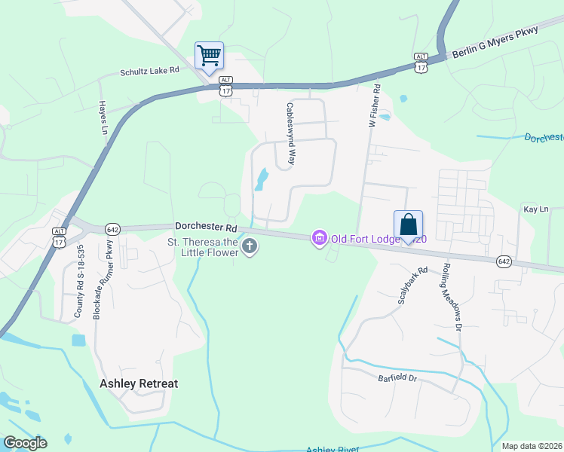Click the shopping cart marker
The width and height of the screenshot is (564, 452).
click(x=209, y=55)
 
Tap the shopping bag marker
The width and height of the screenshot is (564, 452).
click(x=408, y=224)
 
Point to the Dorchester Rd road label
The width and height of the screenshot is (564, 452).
click(x=207, y=226)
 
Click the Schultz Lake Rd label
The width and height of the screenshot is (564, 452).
click(x=151, y=71)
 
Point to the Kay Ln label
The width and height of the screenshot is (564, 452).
click(x=535, y=208)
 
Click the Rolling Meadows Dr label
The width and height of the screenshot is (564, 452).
click(x=451, y=295)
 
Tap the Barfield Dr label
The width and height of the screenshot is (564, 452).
click(x=397, y=377)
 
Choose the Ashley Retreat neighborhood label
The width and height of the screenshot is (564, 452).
click(x=139, y=383)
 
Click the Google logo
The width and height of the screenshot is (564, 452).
click(x=25, y=443)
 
